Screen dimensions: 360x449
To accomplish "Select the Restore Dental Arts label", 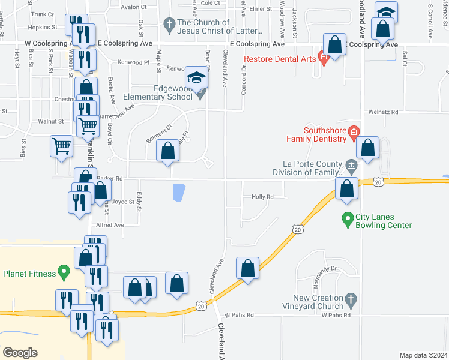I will click(280, 59).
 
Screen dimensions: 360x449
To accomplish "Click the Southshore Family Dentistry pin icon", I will click(354, 133).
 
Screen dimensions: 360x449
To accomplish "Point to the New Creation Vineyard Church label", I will click(317, 302).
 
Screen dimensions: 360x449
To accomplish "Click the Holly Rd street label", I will click(262, 197).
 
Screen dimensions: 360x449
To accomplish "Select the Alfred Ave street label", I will click(109, 225).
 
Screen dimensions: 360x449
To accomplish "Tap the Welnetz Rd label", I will click(384, 112).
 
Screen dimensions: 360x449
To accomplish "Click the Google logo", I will click(20, 352).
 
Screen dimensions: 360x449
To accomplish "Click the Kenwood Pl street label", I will click(133, 62).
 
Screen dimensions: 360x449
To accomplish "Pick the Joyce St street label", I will click(124, 202).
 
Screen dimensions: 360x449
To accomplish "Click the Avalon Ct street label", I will click(133, 7).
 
